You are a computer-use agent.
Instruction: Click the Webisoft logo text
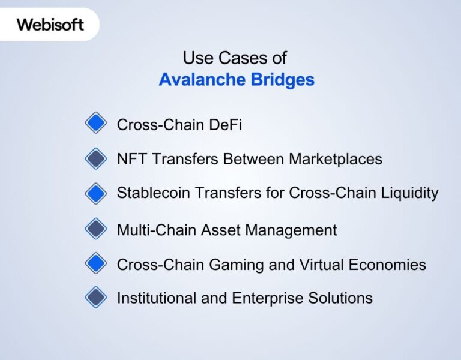click(50, 25)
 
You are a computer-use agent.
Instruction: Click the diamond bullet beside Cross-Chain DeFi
click(95, 124)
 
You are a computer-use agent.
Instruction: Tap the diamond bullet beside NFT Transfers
click(95, 158)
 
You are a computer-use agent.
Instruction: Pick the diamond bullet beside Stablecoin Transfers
click(95, 193)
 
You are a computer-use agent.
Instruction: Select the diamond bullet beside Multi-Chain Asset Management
click(95, 229)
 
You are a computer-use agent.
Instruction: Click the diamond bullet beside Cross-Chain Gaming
click(95, 263)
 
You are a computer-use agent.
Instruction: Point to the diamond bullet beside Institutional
click(95, 298)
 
